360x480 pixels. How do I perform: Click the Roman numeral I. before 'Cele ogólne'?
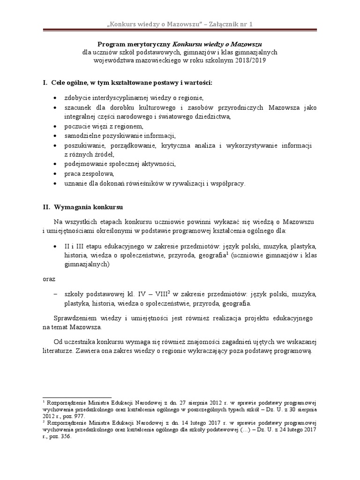tap(45, 83)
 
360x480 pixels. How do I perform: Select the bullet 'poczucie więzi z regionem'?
tap(104, 127)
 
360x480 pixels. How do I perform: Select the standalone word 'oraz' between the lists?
tap(49, 279)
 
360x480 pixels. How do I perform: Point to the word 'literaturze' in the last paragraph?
tap(57, 352)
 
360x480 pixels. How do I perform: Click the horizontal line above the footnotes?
tap(76, 397)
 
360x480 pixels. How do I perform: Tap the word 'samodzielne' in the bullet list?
tap(82, 136)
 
